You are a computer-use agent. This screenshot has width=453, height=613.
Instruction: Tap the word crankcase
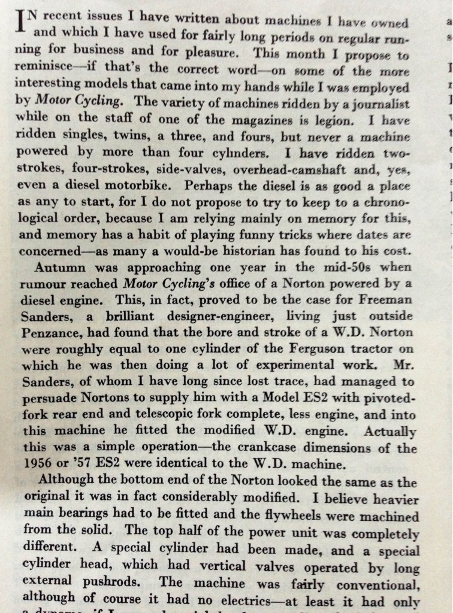tap(253, 447)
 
